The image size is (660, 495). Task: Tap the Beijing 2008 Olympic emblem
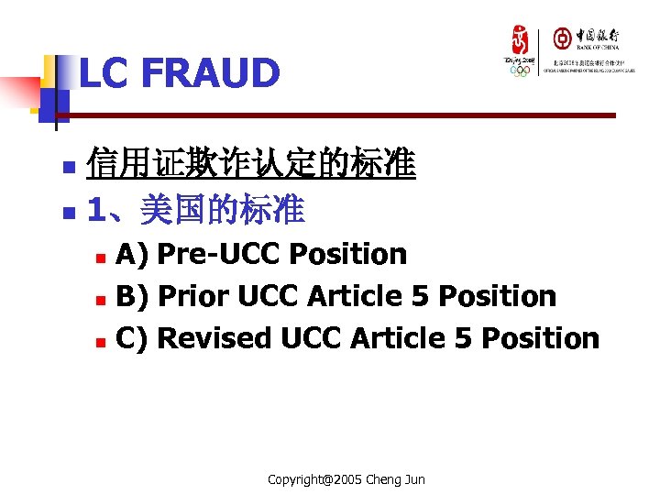[x=520, y=51]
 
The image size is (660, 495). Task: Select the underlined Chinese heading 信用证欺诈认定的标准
[x=250, y=166]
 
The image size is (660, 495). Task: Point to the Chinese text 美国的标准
[x=221, y=212]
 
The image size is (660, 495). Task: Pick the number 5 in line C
[x=464, y=338]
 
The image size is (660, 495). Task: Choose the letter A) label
[x=133, y=254]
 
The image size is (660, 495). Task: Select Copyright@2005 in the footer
[x=313, y=479]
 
